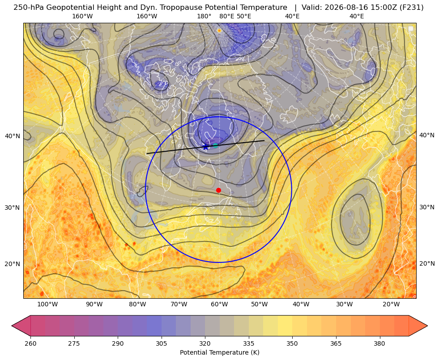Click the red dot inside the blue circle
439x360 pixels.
[x=218, y=190]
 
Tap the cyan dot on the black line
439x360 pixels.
[x=215, y=145]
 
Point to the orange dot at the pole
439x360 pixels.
[x=219, y=30]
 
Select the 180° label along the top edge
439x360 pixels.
[x=204, y=16]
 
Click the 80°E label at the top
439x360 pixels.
[x=226, y=16]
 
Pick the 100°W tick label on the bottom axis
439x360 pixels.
[x=47, y=304]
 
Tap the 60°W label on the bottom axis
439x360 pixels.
[x=219, y=304]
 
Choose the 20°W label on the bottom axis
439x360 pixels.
[x=391, y=304]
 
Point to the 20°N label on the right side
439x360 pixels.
[x=427, y=263]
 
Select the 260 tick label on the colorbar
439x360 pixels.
[x=30, y=343]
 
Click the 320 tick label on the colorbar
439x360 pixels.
[x=205, y=343]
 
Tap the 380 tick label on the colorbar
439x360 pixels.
[x=379, y=343]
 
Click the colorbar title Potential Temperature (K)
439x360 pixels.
[x=219, y=352]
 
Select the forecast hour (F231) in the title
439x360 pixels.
[x=411, y=8]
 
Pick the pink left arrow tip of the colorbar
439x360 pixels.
[x=12, y=326]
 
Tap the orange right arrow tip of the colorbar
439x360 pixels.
[x=427, y=326]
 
